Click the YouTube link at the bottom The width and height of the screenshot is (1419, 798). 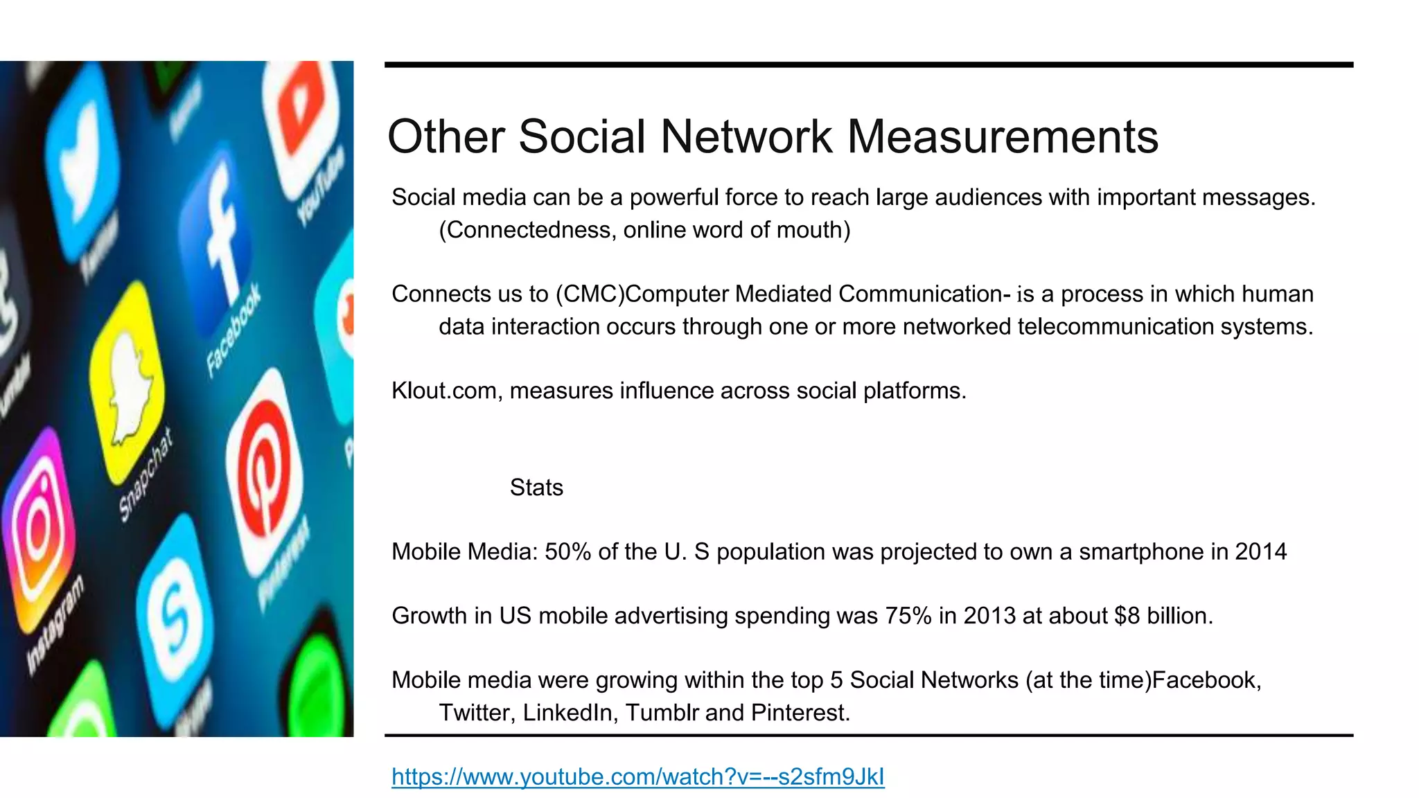(x=637, y=777)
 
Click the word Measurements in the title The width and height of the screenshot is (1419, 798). (x=1002, y=136)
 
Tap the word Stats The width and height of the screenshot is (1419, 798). (x=536, y=488)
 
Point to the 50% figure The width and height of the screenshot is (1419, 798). (x=567, y=552)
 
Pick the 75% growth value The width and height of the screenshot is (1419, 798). (x=908, y=616)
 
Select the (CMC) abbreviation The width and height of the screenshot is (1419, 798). (x=590, y=294)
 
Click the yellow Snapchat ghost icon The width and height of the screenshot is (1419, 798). (x=129, y=384)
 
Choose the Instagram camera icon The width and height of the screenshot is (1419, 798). (x=39, y=530)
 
